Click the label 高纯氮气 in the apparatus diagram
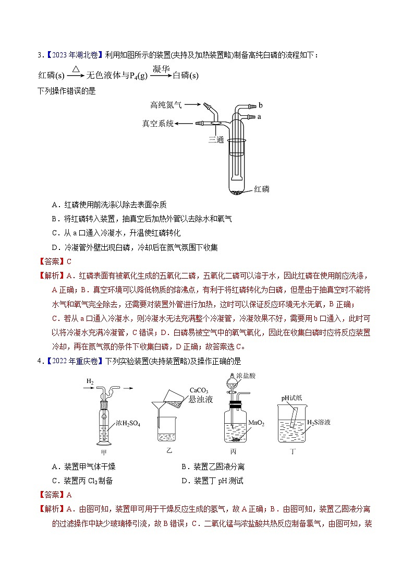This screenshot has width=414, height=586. pyautogui.click(x=166, y=105)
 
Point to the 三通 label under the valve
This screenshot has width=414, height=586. pyautogui.click(x=217, y=139)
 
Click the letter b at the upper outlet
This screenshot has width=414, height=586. pyautogui.click(x=260, y=106)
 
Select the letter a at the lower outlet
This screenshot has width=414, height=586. pyautogui.click(x=259, y=117)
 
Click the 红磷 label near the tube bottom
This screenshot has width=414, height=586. pyautogui.click(x=262, y=189)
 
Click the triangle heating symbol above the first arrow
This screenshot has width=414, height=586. pyautogui.click(x=76, y=69)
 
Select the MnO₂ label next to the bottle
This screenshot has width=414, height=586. pyautogui.click(x=256, y=424)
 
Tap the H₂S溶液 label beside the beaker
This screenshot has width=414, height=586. pyautogui.click(x=319, y=422)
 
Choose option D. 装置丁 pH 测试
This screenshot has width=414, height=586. pyautogui.click(x=212, y=481)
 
